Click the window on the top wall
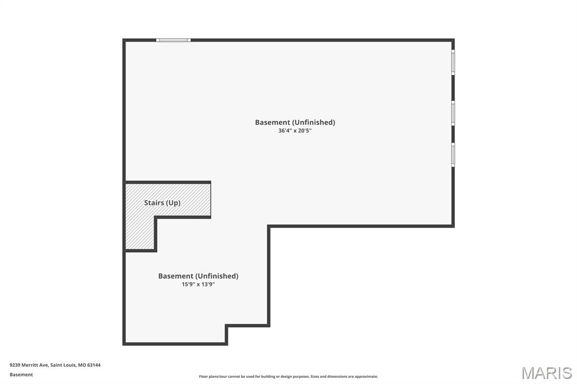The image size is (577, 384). coord(174,40)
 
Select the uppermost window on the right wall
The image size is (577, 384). coord(453,62)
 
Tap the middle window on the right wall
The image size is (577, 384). coord(453,113)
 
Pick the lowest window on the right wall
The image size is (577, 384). coord(453,154)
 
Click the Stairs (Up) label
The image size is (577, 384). coord(162,203)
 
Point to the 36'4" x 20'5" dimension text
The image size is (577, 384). coord(295,131)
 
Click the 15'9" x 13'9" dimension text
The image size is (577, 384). coord(198,284)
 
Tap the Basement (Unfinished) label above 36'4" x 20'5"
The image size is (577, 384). coord(295,122)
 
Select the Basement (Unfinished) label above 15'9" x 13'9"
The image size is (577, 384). coord(198,276)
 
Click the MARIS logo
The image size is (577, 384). coord(546,373)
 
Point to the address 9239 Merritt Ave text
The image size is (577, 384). coord(29,365)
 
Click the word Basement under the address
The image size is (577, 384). coord(21,374)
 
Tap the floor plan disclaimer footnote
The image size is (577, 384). coord(288,377)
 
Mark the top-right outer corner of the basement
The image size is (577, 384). coord(453,40)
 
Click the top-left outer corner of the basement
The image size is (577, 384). coord(124,40)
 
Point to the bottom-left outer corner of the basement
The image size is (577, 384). coord(124,343)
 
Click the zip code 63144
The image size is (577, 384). coord(94,365)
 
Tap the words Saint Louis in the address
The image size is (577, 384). coord(63,365)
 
